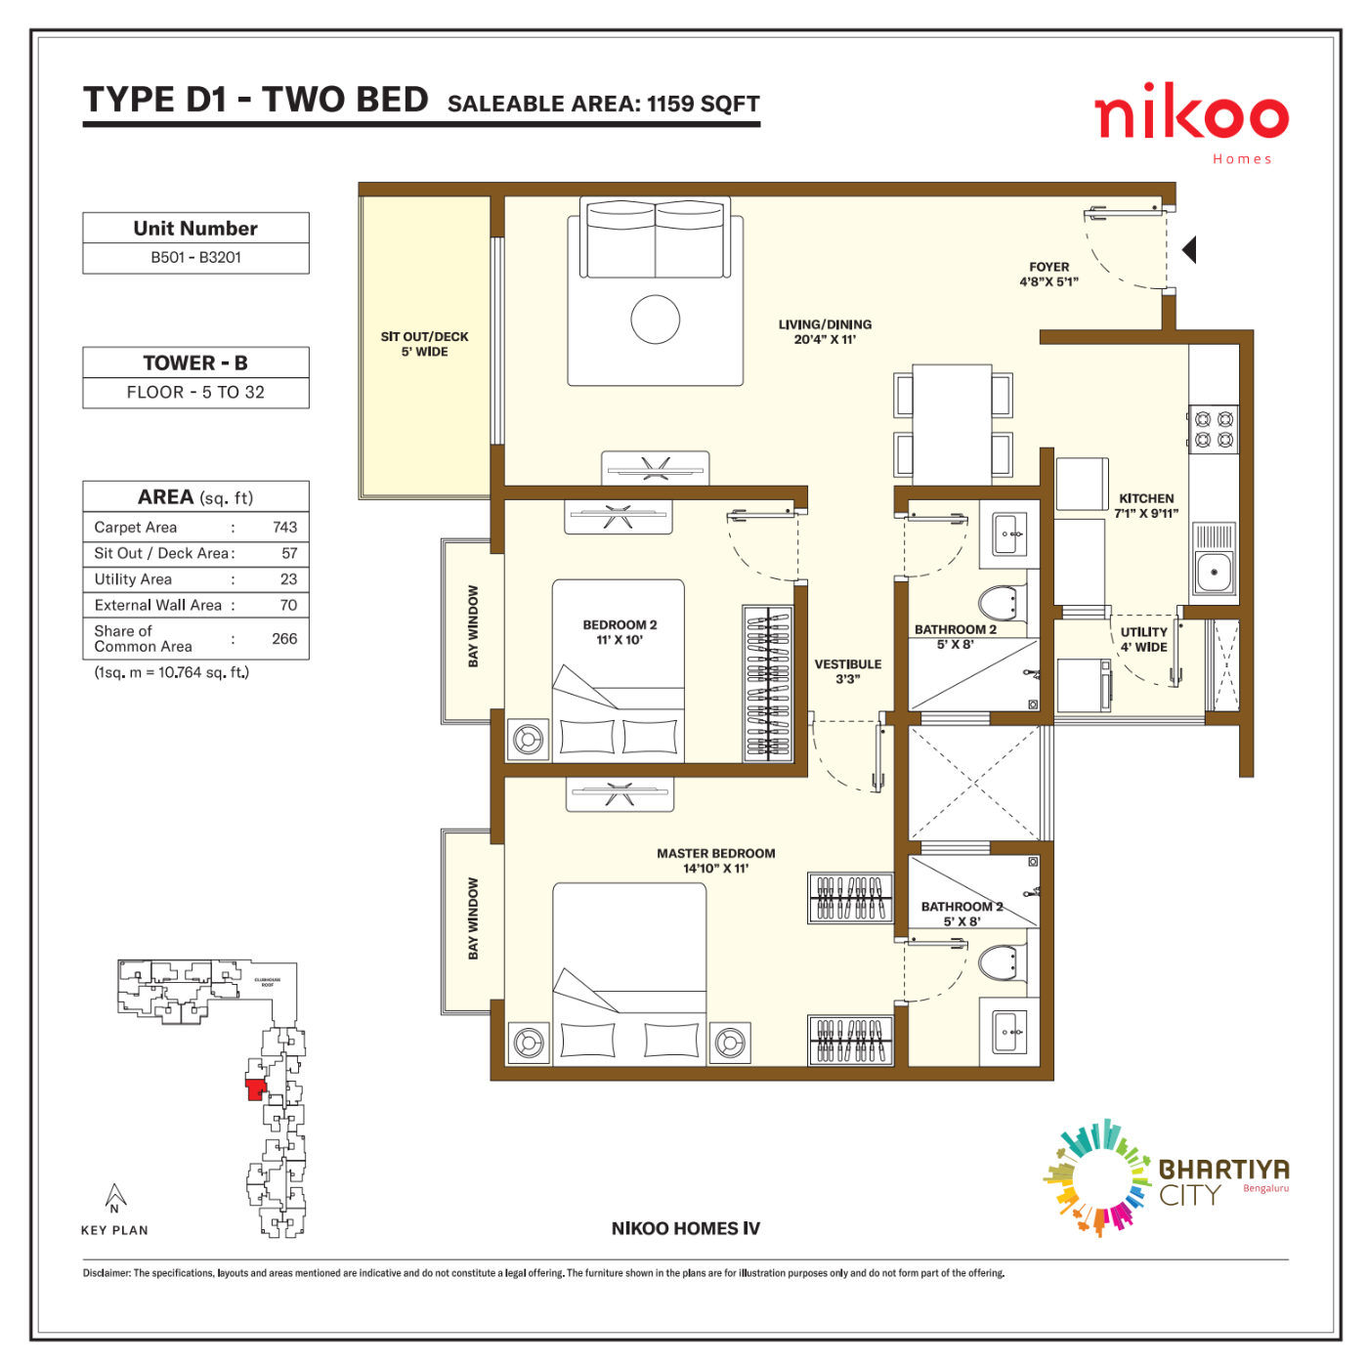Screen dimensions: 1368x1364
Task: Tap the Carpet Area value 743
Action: tap(284, 526)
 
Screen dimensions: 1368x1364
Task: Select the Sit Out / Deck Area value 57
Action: tap(289, 552)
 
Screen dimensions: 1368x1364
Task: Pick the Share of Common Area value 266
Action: tap(284, 638)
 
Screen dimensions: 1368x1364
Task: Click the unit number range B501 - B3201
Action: tap(195, 257)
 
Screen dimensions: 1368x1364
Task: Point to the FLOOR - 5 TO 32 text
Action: tap(195, 391)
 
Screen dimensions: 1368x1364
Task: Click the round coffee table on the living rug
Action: tap(654, 319)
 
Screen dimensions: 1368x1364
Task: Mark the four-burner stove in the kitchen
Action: tap(1212, 428)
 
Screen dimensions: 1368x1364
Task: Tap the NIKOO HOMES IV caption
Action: tap(684, 1227)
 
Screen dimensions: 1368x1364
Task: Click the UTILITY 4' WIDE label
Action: tap(1143, 638)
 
